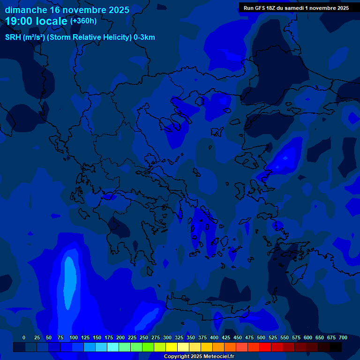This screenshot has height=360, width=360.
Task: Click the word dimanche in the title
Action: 26,10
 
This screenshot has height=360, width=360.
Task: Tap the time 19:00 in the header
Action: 19,21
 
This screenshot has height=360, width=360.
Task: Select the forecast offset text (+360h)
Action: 83,21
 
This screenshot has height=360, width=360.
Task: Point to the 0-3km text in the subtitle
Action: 144,37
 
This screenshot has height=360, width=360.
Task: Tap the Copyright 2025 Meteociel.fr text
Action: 199,357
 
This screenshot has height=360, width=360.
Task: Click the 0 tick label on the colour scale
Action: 24,337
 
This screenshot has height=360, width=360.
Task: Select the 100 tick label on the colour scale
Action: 74,337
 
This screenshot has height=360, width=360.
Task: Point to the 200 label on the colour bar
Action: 120,337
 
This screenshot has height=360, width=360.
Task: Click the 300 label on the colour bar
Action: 167,337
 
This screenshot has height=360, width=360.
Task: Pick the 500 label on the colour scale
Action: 261,337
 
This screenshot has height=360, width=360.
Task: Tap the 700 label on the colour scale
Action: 343,337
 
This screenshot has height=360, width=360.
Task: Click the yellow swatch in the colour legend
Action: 172,347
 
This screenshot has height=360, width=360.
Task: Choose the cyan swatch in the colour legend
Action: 113,347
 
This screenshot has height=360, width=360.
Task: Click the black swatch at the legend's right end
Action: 336,347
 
